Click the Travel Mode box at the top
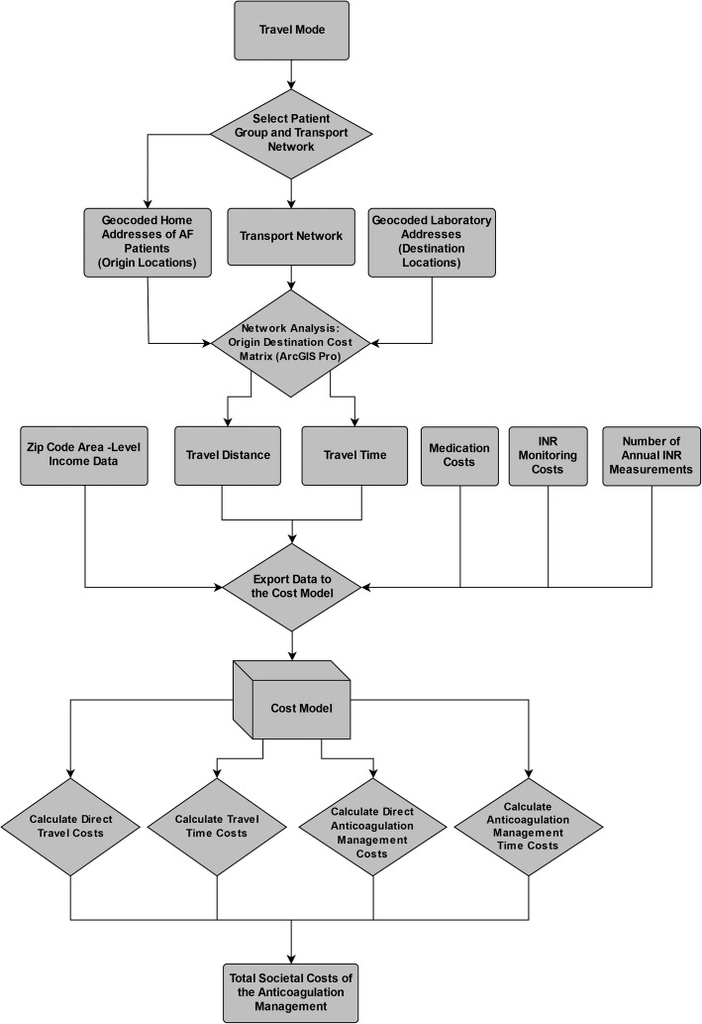click(291, 30)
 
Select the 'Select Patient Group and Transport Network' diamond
click(291, 134)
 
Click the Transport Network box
click(291, 236)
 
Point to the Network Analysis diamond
click(291, 343)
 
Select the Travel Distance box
click(230, 455)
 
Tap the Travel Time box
click(353, 455)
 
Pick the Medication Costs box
click(459, 455)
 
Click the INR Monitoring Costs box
click(548, 455)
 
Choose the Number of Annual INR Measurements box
click(650, 455)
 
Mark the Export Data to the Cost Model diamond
click(291, 587)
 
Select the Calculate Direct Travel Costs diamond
click(71, 827)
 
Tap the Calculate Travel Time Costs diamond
click(217, 827)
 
